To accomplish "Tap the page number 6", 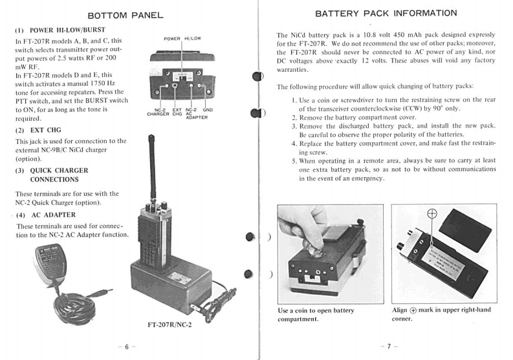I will (128, 346).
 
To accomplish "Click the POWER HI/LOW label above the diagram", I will (182, 39).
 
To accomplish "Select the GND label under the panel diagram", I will (208, 111).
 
